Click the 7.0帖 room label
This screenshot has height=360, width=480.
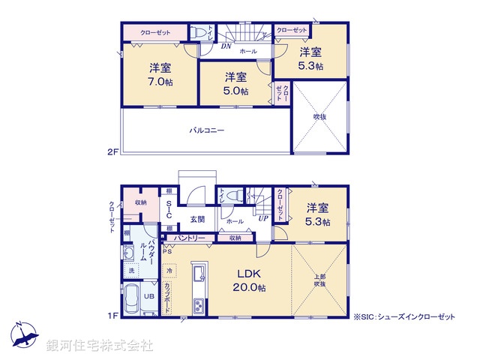(x=160, y=82)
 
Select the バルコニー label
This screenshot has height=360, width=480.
(x=206, y=130)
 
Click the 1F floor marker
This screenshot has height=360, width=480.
(x=112, y=316)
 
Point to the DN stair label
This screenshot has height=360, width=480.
(x=226, y=46)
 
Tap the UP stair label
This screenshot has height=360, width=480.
(x=262, y=218)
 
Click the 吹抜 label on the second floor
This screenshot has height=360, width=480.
(x=320, y=116)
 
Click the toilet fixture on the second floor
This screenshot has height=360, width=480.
(x=199, y=34)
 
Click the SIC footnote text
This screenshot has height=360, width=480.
(x=406, y=317)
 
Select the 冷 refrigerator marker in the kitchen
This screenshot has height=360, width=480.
(x=169, y=270)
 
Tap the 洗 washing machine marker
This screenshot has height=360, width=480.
(x=131, y=270)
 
